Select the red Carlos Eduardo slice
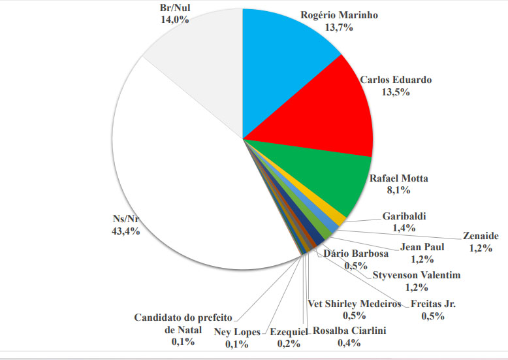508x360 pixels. pos(326,124)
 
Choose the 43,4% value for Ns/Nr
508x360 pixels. pos(126,232)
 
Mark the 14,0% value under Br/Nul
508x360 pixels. pos(175,20)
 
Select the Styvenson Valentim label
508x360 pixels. pos(416,275)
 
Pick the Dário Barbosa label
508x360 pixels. pos(357,254)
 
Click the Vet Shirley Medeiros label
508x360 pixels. pos(354,304)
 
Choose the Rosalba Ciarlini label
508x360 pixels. pos(349,331)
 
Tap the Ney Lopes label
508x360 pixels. pos(237,331)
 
